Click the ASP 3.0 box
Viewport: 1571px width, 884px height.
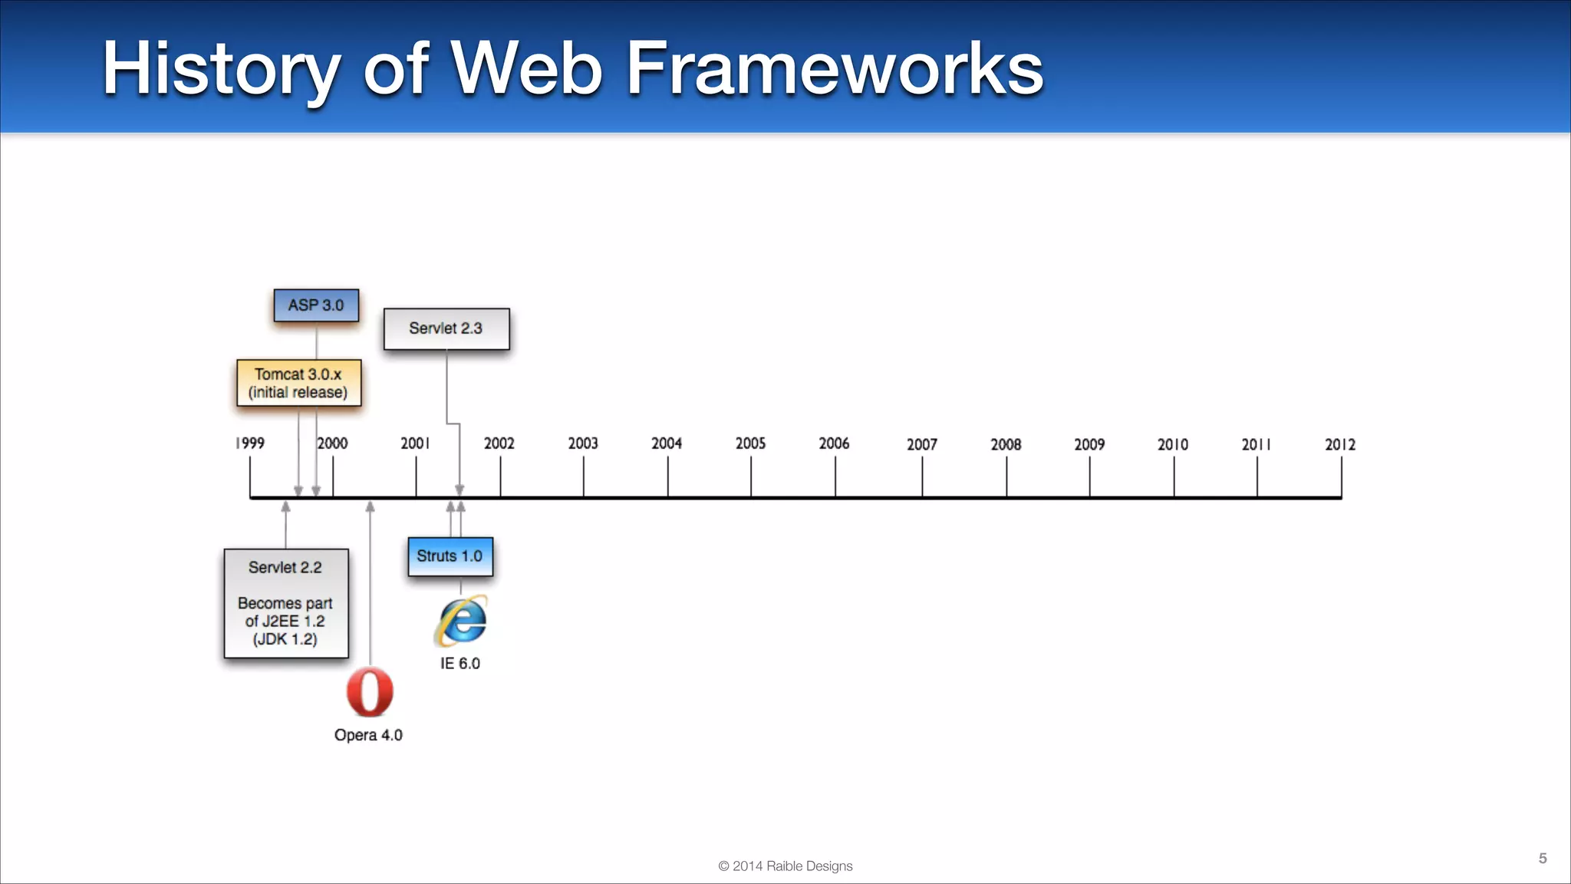(x=316, y=305)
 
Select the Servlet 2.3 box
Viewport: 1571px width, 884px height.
(x=446, y=328)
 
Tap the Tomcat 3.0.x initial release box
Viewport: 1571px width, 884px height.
(x=298, y=383)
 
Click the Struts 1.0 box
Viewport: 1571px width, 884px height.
(x=450, y=556)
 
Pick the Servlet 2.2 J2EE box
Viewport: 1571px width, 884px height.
(x=285, y=603)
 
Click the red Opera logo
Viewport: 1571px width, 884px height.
(x=370, y=692)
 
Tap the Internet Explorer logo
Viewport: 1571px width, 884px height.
(x=461, y=620)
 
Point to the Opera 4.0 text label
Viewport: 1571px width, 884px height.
(x=368, y=735)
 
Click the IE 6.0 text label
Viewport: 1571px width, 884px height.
(x=460, y=664)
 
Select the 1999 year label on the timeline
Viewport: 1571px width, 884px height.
(x=250, y=444)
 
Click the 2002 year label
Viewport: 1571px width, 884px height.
(x=499, y=444)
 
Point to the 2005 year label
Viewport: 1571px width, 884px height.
(x=750, y=444)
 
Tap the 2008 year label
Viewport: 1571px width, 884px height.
(x=1006, y=444)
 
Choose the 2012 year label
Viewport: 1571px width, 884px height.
(x=1340, y=444)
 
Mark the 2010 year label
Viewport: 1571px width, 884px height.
(x=1173, y=444)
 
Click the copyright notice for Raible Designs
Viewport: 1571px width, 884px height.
(x=785, y=866)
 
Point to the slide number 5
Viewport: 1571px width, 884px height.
(x=1543, y=858)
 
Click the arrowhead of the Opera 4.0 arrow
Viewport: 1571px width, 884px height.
(x=371, y=506)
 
